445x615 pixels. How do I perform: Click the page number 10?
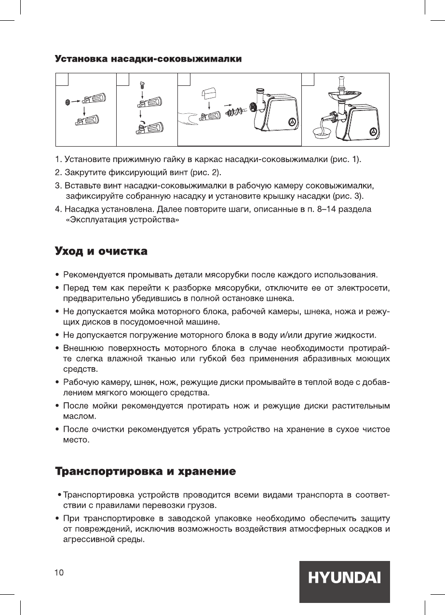pos(58,573)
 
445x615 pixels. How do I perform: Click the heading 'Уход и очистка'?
pos(101,252)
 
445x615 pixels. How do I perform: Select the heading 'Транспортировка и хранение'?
pos(145,471)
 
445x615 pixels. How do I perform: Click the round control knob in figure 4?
pos(373,131)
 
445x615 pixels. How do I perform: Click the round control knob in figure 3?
pos(292,122)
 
